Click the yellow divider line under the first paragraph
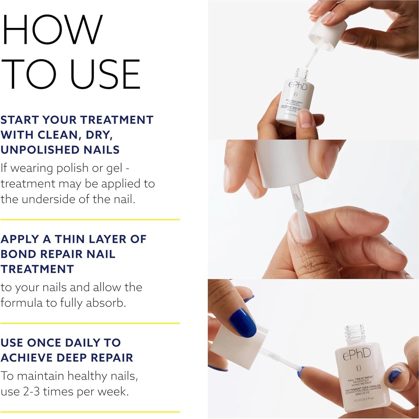90,219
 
